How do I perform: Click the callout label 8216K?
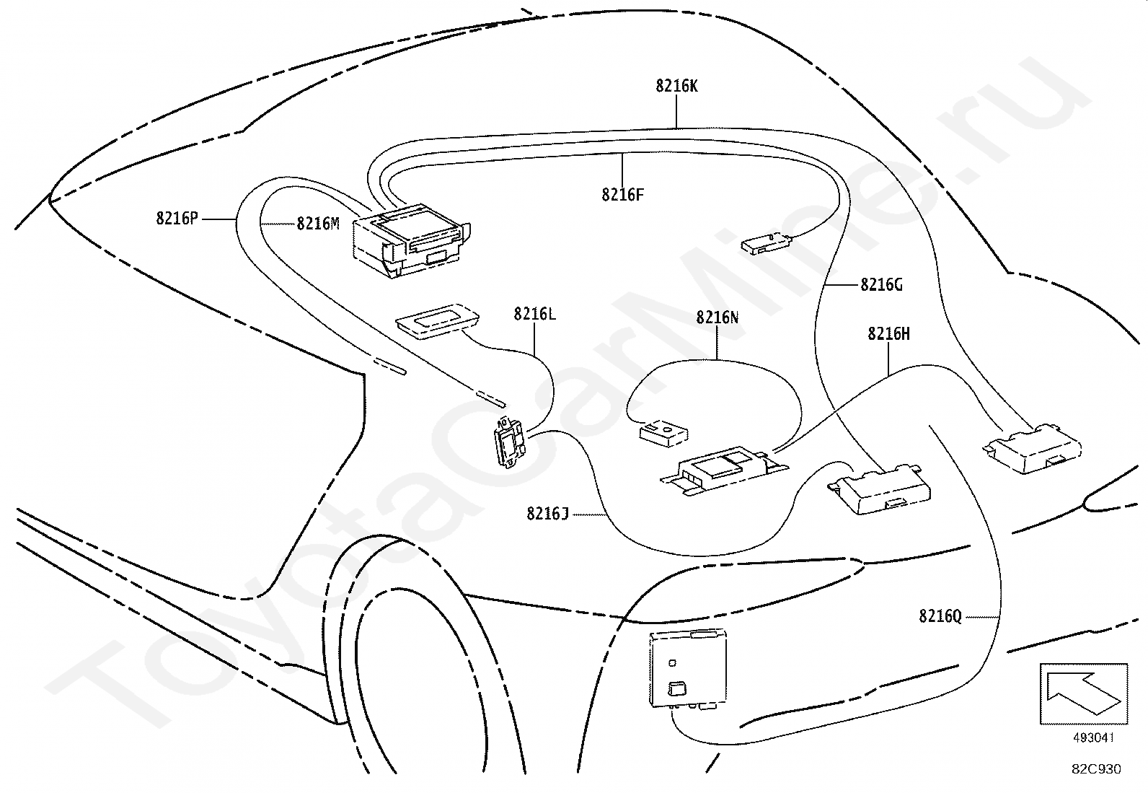click(676, 86)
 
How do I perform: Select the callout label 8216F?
click(622, 194)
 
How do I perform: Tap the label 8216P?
click(177, 219)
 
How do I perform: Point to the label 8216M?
click(317, 224)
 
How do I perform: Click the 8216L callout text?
click(534, 314)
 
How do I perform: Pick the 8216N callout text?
click(717, 317)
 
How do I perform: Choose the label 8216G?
click(881, 285)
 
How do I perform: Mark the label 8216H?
click(888, 333)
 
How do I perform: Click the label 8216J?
click(547, 514)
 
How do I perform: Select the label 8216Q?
click(940, 616)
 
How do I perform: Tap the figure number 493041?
click(1093, 738)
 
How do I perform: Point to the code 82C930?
click(1096, 769)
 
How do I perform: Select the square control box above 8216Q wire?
click(688, 667)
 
